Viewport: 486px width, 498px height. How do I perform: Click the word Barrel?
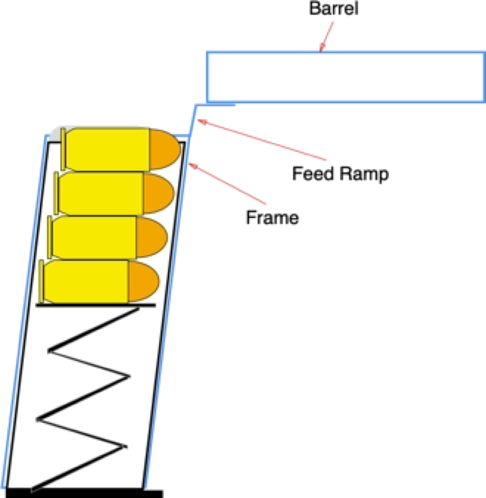(x=333, y=9)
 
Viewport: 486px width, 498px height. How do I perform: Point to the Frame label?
(x=272, y=218)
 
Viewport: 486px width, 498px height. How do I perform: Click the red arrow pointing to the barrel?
(x=326, y=37)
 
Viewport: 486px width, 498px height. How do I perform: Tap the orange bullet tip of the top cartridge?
(x=164, y=149)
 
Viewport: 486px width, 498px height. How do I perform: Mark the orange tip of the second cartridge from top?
(x=159, y=193)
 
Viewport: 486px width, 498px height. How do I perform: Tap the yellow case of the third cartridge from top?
(x=93, y=237)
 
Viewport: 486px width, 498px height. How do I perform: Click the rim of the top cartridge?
(x=63, y=149)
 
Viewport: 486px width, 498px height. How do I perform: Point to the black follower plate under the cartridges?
(x=96, y=305)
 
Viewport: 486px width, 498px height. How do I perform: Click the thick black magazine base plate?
(x=84, y=493)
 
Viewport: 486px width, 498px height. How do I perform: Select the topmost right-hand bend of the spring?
(x=137, y=309)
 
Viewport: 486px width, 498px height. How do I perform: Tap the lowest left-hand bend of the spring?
(x=34, y=488)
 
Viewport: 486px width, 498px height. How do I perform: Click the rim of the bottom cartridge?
(x=41, y=281)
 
